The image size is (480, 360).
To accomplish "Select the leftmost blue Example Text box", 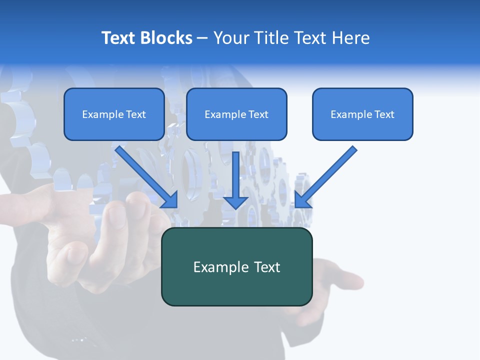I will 114,114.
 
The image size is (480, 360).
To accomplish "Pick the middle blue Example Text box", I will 236,114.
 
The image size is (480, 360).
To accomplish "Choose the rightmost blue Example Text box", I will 362,114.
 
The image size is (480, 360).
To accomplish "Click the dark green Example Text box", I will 236,266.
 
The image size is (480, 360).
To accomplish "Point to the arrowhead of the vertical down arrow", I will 235,202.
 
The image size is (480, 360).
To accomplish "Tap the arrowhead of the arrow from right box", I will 301,200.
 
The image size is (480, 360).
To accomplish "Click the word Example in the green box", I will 221,267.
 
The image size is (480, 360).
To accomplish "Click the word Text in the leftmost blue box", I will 136,114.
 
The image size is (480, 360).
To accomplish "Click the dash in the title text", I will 202,38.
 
